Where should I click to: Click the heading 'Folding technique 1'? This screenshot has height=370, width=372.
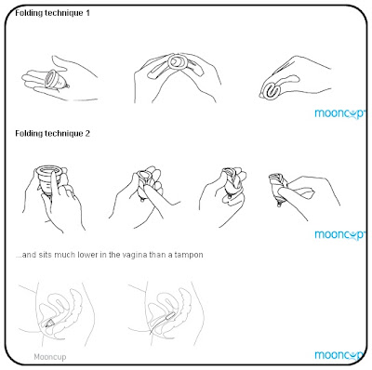[x=52, y=13]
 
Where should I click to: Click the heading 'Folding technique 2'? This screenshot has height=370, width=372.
[x=52, y=134]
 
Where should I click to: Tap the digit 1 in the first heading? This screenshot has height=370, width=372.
[x=87, y=13]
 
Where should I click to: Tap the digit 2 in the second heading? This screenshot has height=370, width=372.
[x=87, y=133]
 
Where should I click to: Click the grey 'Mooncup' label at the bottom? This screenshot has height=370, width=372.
[x=50, y=357]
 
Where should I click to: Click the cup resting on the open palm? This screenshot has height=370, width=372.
[x=56, y=79]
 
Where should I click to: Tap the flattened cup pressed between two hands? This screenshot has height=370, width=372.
[x=177, y=62]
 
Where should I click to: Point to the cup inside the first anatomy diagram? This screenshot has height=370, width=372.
[x=49, y=324]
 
